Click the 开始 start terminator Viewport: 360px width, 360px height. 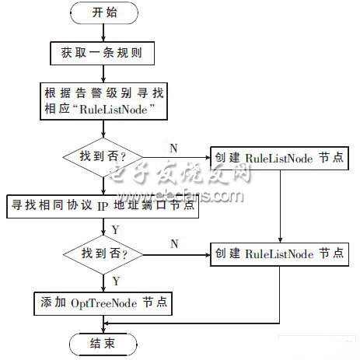104,13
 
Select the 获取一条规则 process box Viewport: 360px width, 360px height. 103,53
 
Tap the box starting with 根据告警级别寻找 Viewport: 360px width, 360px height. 103,101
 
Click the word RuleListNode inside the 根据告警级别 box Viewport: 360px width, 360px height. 114,110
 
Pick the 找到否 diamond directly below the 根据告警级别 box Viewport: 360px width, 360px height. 103,157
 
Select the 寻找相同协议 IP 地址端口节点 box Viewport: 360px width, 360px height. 103,206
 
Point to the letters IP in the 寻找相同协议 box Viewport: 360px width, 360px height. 103,207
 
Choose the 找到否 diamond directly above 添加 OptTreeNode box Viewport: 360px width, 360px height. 103,254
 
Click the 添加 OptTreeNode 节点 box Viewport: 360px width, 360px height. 103,304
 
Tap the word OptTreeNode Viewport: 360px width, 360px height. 103,303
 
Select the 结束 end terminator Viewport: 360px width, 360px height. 103,344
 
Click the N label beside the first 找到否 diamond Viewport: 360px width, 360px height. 173,149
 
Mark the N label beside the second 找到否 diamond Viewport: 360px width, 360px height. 174,244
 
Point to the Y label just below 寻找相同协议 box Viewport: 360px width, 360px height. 116,230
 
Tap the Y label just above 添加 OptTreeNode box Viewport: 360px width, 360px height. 116,281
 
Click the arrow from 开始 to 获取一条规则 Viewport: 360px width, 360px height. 103,33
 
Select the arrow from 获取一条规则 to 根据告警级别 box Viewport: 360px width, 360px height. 103,74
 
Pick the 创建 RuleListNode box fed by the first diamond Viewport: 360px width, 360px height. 279,158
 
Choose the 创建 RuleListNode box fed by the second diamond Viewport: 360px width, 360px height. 279,254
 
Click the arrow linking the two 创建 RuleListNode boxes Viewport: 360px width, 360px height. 280,206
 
